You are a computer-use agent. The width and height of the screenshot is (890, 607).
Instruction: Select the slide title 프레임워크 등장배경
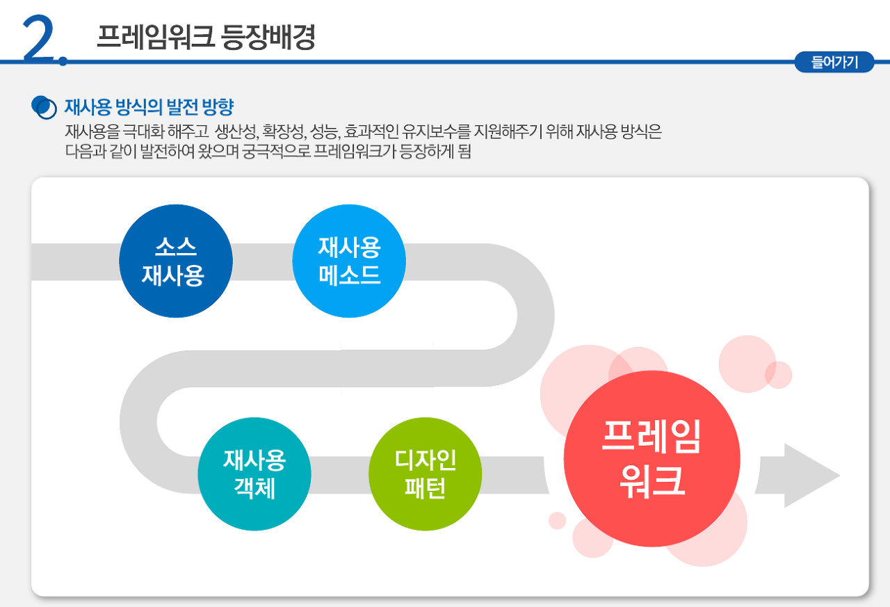pos(206,38)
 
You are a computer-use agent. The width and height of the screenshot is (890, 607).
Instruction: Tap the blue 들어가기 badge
pos(834,63)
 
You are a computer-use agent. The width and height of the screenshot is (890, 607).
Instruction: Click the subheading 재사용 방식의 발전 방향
pos(149,108)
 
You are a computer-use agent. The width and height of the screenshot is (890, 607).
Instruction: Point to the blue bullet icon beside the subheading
pos(44,107)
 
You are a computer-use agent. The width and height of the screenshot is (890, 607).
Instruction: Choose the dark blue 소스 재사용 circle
pos(176,261)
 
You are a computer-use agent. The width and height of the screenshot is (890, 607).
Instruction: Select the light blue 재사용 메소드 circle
pos(349,261)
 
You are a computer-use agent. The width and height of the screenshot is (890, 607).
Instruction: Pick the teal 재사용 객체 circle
pos(254,474)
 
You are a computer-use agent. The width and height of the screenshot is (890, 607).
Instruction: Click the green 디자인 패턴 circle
pos(425,474)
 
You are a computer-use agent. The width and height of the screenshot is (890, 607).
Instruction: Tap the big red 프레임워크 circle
pos(652,458)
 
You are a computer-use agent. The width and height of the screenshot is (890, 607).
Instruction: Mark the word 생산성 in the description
pos(237,132)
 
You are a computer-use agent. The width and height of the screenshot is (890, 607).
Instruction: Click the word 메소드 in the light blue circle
pos(349,275)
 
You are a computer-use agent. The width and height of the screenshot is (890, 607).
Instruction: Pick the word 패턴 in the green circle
pos(425,488)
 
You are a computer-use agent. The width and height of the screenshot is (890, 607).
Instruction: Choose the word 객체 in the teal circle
pos(254,488)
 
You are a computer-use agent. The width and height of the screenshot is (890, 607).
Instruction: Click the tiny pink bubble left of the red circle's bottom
pos(557,520)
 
